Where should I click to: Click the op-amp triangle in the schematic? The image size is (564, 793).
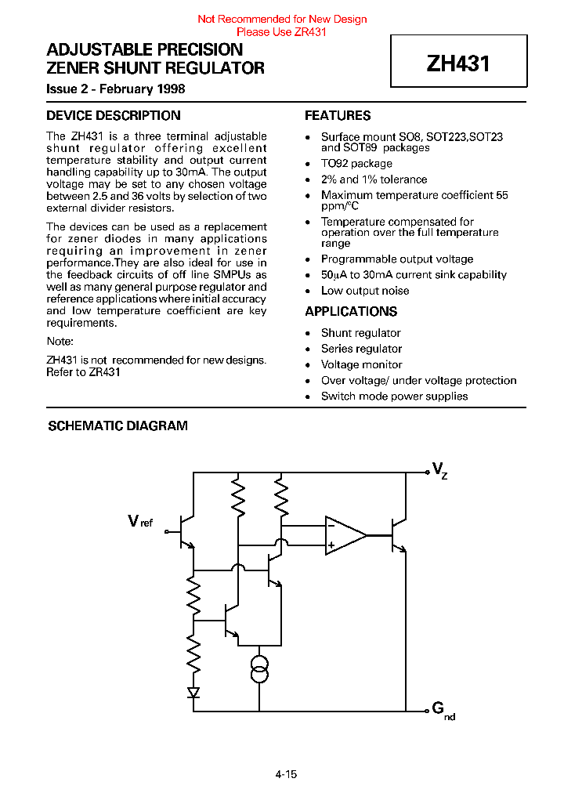click(x=343, y=535)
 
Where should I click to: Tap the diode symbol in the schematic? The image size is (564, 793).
click(x=193, y=692)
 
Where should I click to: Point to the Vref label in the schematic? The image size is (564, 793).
click(x=141, y=521)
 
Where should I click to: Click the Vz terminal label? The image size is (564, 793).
click(x=439, y=469)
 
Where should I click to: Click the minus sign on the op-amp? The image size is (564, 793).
click(x=331, y=527)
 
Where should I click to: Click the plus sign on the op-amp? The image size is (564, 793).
click(x=331, y=545)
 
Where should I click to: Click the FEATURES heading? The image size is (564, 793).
click(x=338, y=116)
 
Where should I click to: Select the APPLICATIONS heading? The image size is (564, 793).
click(x=351, y=312)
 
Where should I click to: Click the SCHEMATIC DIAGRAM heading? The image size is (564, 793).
click(x=117, y=426)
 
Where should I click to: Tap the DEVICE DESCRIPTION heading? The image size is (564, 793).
click(x=113, y=116)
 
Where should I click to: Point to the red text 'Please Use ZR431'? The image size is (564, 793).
click(x=281, y=32)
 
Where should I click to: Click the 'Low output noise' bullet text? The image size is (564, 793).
click(x=364, y=291)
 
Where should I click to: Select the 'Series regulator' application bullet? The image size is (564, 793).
click(x=361, y=349)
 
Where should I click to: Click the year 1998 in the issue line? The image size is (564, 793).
click(x=170, y=89)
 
